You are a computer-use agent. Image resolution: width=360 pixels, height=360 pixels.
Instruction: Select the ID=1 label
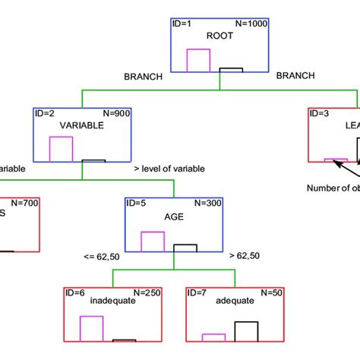(x=187, y=24)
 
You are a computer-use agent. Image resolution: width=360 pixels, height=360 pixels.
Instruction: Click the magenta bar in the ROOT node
(x=198, y=61)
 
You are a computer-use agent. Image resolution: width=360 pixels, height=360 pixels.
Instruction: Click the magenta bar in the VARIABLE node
(x=61, y=149)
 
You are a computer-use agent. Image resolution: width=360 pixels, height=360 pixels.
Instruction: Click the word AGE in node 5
(x=175, y=215)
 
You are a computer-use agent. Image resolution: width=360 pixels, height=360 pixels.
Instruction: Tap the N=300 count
(x=209, y=204)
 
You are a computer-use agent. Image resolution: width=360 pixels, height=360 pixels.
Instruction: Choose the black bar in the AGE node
(x=185, y=248)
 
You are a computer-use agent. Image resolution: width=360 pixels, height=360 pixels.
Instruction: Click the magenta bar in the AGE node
(x=153, y=242)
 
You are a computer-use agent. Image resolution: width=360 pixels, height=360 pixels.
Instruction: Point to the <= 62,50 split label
(x=100, y=257)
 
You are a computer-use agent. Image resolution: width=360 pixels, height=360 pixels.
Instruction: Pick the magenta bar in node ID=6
(x=92, y=329)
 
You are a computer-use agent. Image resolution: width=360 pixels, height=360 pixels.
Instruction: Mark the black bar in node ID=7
(x=245, y=332)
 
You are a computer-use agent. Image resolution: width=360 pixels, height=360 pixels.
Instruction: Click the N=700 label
(x=25, y=204)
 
